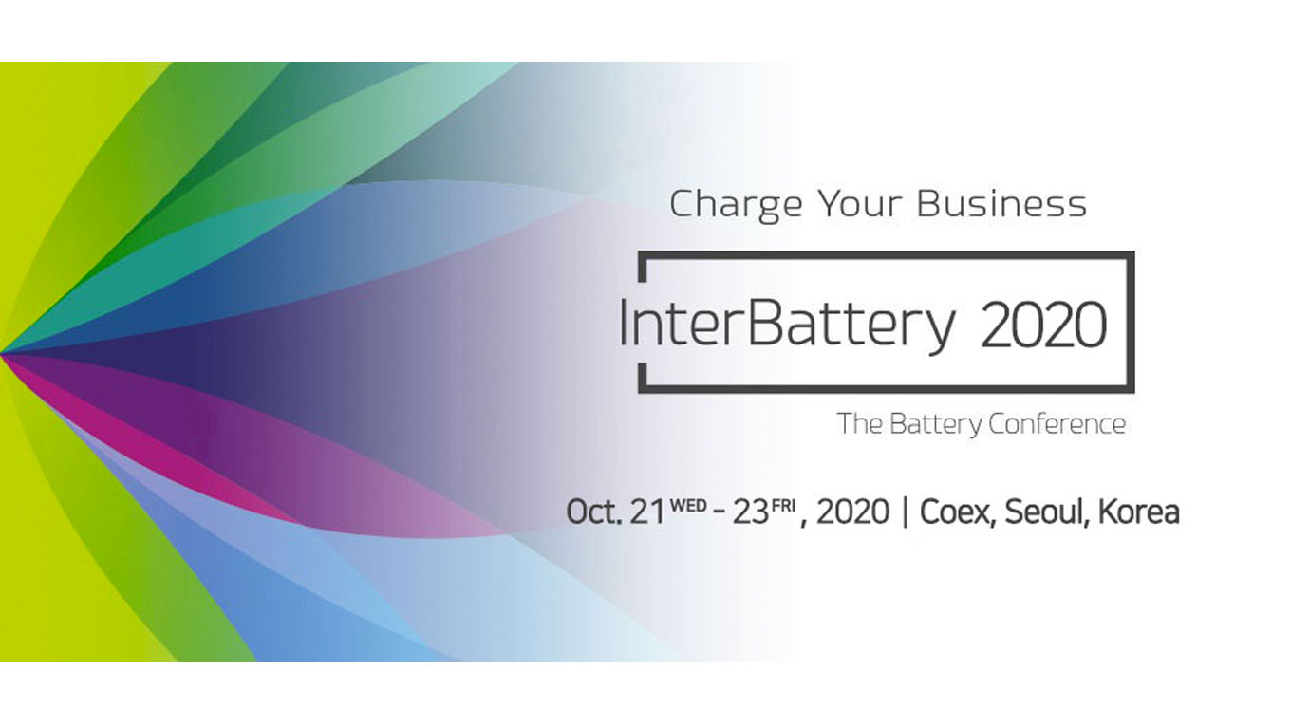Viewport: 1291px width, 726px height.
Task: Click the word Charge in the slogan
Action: pos(736,206)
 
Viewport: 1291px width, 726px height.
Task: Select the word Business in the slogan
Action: pos(1001,204)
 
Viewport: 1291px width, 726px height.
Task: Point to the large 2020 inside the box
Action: pos(1043,325)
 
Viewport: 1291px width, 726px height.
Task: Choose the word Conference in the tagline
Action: pos(1057,424)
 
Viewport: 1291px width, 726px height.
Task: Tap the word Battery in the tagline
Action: pos(935,425)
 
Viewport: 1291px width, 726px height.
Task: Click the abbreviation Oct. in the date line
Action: pos(594,512)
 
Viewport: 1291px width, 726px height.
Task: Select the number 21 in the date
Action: pos(647,512)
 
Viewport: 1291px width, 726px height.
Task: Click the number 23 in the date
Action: pos(750,512)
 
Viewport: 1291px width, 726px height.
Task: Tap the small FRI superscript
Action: pos(783,505)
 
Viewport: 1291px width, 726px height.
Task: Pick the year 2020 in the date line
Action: pos(852,512)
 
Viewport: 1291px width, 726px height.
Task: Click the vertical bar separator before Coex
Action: pos(905,512)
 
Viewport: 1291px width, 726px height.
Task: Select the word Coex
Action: pos(957,512)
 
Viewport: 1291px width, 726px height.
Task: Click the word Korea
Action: pos(1139,512)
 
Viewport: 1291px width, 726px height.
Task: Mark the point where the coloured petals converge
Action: pos(2,353)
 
